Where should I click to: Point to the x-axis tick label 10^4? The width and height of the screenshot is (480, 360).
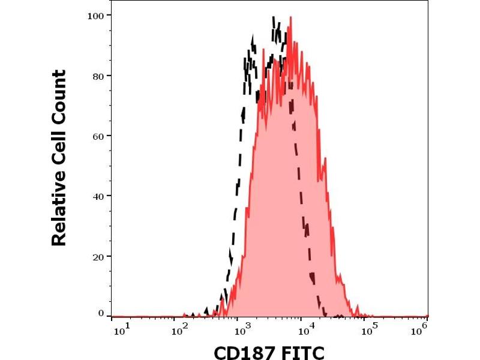pos(307,330)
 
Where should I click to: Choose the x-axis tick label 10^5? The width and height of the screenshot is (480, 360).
pos(370,330)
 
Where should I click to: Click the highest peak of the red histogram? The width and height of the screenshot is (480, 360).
pos(290,18)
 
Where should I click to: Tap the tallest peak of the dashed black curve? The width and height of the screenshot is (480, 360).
pos(274,17)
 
